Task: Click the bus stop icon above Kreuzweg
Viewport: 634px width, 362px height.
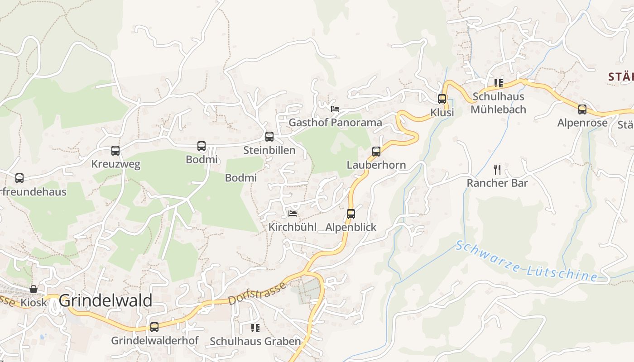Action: [115, 151]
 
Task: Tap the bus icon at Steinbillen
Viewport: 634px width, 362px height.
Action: [269, 137]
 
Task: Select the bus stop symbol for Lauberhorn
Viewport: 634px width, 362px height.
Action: [376, 152]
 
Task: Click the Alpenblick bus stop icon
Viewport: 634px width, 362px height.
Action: [351, 214]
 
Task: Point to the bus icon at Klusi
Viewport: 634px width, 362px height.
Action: [442, 99]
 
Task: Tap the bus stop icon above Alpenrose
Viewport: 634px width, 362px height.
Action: [582, 110]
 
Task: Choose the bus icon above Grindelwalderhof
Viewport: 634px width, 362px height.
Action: [154, 327]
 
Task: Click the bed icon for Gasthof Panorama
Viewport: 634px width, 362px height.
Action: [335, 109]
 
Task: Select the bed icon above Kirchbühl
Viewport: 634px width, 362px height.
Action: [293, 214]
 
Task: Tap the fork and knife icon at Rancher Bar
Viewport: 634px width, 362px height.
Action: [497, 170]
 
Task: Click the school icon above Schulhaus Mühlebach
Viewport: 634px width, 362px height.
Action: [499, 83]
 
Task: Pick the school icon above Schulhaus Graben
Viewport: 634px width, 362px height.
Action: [255, 328]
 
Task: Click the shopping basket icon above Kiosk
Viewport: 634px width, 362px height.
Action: [34, 289]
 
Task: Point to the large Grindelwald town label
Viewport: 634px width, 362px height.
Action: [106, 300]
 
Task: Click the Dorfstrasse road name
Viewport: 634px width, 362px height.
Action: [257, 293]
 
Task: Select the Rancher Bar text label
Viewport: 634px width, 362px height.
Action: [497, 183]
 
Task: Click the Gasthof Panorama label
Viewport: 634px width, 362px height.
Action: [335, 123]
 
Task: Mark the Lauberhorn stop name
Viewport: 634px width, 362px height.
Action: [376, 165]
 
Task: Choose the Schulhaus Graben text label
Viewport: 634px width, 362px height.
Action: [255, 341]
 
